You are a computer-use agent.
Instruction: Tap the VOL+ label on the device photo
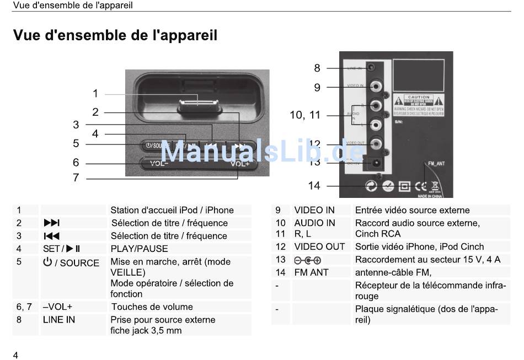pos(240,163)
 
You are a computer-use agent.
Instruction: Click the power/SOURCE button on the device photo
pos(152,146)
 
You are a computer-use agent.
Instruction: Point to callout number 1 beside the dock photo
pos(95,94)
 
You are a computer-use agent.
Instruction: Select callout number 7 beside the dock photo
pos(76,178)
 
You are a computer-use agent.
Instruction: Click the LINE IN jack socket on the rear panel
pos(373,67)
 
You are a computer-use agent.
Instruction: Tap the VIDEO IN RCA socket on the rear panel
pos(376,86)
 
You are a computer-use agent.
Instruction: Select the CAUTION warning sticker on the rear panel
pos(419,103)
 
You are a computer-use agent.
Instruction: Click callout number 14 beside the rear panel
pos(314,186)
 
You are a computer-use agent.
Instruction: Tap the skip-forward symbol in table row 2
pos(51,223)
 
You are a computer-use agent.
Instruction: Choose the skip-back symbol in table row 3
pos(51,236)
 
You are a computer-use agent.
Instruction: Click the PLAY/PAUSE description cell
pos(140,249)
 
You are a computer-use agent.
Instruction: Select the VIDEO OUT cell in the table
pos(319,246)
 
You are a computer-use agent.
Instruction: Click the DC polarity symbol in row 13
pos(307,260)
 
